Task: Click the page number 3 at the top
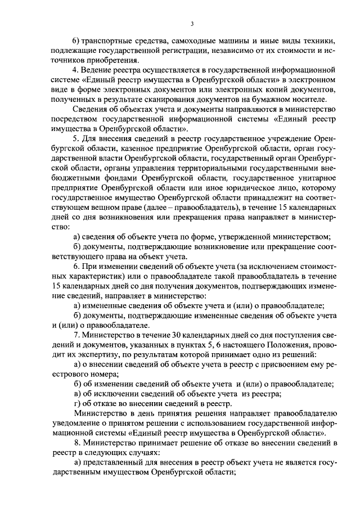192,23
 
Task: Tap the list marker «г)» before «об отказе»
78,404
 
